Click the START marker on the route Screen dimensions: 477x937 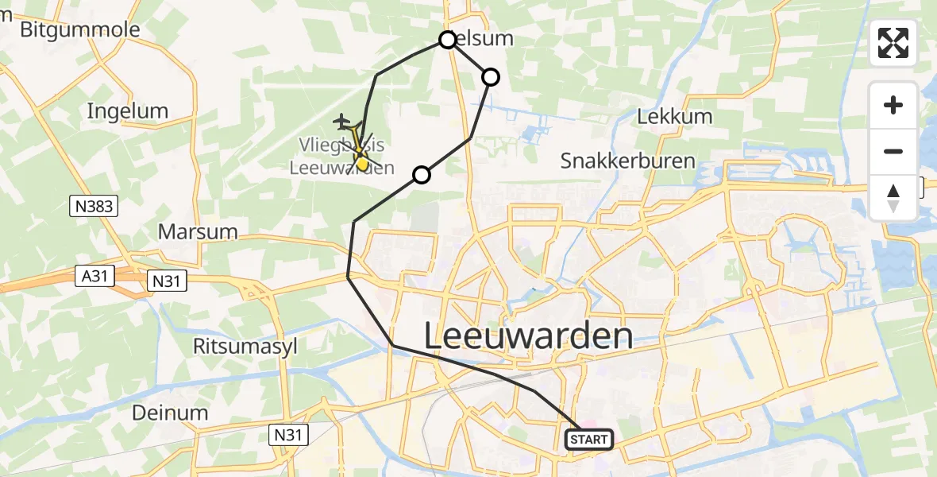pos(589,439)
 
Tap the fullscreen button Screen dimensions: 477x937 pos(893,43)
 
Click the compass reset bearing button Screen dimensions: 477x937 pos(893,197)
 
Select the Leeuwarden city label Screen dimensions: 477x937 pos(528,335)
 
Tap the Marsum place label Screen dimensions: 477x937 pos(198,232)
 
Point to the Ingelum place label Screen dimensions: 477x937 pos(128,111)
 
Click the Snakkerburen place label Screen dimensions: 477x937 pos(627,161)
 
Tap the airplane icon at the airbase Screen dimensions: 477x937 pos(342,121)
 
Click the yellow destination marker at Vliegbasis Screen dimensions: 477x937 pos(362,163)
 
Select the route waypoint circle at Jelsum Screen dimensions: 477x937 pos(448,40)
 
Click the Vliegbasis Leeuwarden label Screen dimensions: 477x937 pos(341,157)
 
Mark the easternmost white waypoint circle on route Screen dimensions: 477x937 pos(491,77)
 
